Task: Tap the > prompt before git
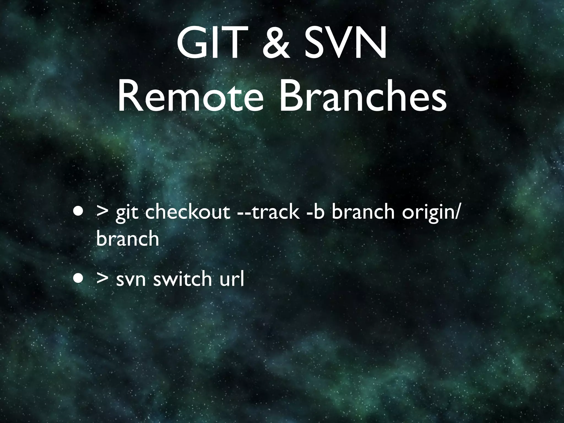tap(102, 212)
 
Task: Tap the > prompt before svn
tap(102, 278)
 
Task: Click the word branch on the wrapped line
tap(128, 238)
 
